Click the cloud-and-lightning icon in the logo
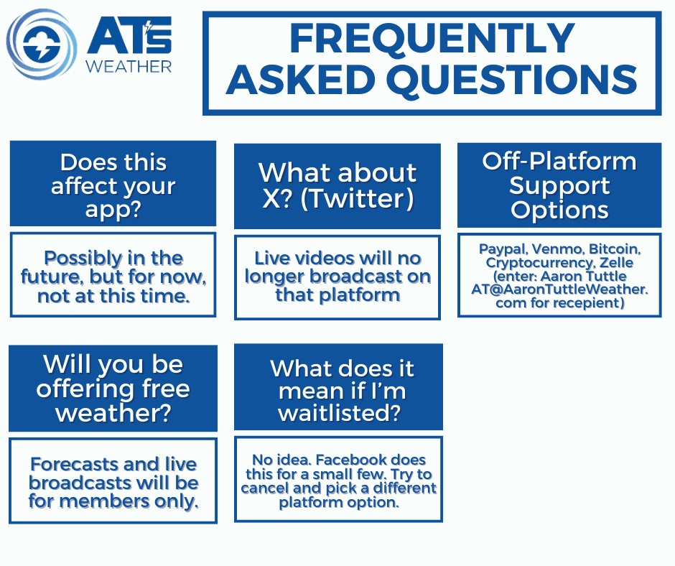[x=42, y=45]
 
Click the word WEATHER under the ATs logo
[x=129, y=66]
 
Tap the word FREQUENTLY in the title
[x=432, y=38]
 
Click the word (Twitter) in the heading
[x=357, y=198]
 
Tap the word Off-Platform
[x=559, y=162]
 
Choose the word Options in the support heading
[x=559, y=210]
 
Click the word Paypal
[x=503, y=249]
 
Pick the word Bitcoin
[x=615, y=249]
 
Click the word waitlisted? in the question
[x=340, y=413]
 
